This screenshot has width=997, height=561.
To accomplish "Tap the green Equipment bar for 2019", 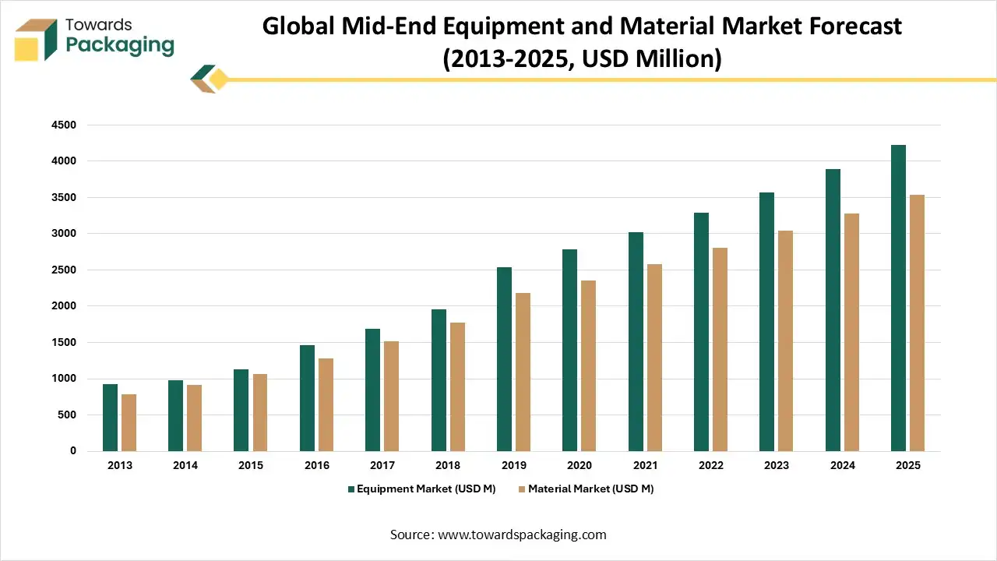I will [x=504, y=359].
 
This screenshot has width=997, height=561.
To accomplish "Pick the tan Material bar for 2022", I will [x=720, y=349].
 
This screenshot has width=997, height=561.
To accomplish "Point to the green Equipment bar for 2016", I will [x=307, y=398].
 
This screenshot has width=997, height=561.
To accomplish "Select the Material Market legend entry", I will [x=585, y=489].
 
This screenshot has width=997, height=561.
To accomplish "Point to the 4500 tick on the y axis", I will [x=63, y=125].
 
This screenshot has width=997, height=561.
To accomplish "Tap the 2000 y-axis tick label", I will [x=63, y=306].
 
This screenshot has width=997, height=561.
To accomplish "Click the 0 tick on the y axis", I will [x=73, y=451].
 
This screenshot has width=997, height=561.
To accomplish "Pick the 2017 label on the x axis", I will [x=382, y=465].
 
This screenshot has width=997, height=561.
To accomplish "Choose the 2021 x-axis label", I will [x=645, y=465].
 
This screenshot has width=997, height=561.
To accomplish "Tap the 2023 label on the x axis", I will [x=777, y=465].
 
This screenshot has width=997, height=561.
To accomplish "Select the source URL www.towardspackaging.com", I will [x=522, y=535].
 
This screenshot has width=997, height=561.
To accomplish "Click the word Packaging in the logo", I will [x=120, y=45].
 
